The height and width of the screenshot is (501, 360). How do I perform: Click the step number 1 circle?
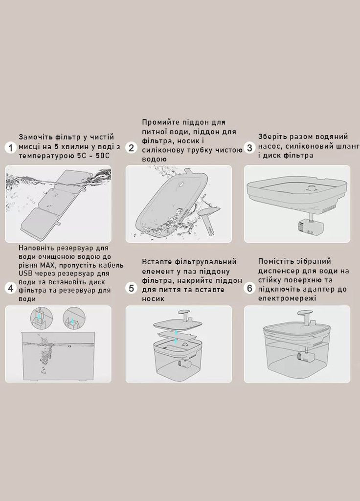click(x=11, y=148)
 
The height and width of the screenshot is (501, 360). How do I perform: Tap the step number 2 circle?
click(x=131, y=148)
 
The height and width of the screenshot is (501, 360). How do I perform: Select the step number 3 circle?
click(x=249, y=148)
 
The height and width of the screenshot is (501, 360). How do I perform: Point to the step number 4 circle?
click(x=11, y=288)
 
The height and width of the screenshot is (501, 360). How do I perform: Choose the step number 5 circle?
click(x=131, y=288)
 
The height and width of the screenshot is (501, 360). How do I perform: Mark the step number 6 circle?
click(x=249, y=288)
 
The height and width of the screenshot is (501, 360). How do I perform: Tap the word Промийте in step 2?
click(x=159, y=122)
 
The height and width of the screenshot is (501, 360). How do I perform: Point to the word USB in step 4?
click(x=25, y=273)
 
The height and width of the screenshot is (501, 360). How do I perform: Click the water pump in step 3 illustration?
click(x=311, y=226)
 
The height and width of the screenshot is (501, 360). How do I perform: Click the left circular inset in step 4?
click(x=41, y=319)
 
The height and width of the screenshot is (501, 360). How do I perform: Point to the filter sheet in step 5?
click(x=177, y=336)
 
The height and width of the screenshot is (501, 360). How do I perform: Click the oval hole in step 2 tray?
click(x=182, y=184)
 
